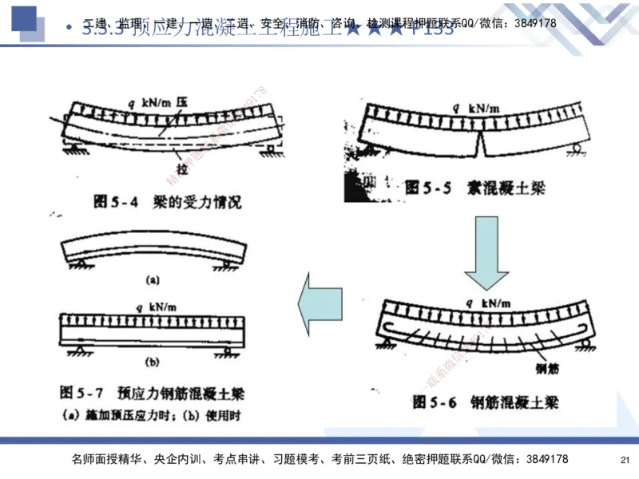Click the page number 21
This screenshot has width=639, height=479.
625,460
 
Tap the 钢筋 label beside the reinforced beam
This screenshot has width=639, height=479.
546,369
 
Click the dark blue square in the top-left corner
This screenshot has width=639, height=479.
24,18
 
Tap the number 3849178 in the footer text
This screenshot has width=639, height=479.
542,460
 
